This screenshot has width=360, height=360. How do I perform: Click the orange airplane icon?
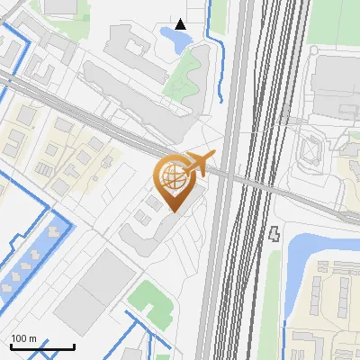pyautogui.click(x=198, y=164)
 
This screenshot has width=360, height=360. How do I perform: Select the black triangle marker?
pyautogui.click(x=182, y=24)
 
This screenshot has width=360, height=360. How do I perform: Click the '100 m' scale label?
pyautogui.click(x=24, y=338)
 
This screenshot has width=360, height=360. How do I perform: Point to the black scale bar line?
pyautogui.click(x=42, y=346)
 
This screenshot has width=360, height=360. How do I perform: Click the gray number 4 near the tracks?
pyautogui.click(x=274, y=234)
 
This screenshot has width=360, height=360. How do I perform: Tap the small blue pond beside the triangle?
pyautogui.click(x=169, y=37)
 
